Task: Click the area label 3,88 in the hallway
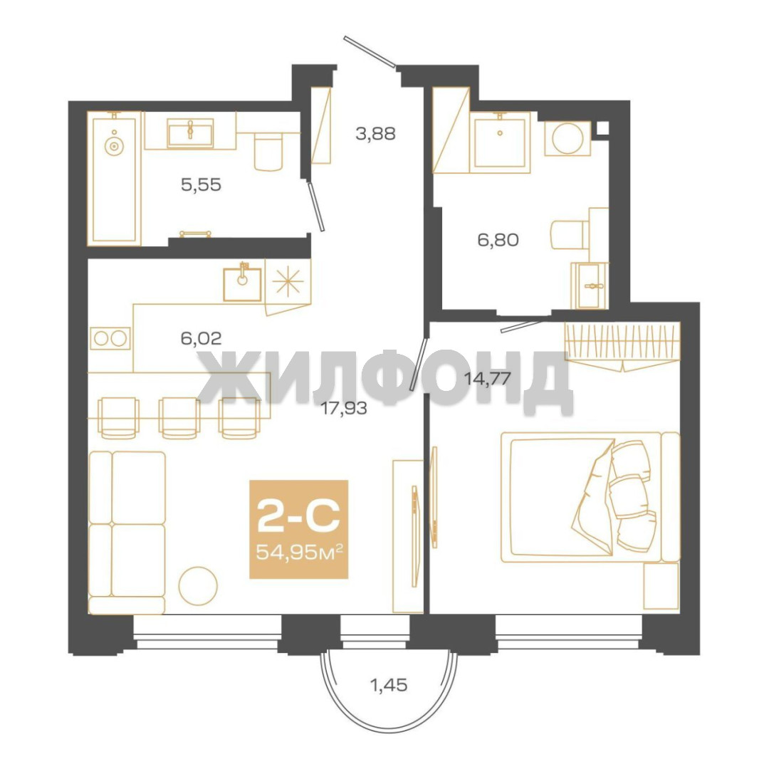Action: coord(375,133)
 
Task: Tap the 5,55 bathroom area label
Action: coord(201,185)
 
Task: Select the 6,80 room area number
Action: coord(498,240)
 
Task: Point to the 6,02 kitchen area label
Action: coord(201,338)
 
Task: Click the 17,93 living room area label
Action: coord(344,408)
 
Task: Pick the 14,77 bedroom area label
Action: coord(488,379)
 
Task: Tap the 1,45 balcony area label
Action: coord(389,685)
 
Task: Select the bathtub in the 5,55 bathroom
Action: coord(114,179)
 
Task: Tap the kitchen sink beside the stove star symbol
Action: coord(242,284)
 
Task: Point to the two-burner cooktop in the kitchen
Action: coord(110,338)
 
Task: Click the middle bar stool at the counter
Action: coord(179,417)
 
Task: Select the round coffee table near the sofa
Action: coord(198,585)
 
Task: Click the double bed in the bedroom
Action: coord(590,497)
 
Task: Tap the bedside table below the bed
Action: coord(661,586)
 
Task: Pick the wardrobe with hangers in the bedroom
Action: coord(622,344)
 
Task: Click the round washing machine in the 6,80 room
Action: coord(567,138)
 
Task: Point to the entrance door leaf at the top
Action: coord(370,51)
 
